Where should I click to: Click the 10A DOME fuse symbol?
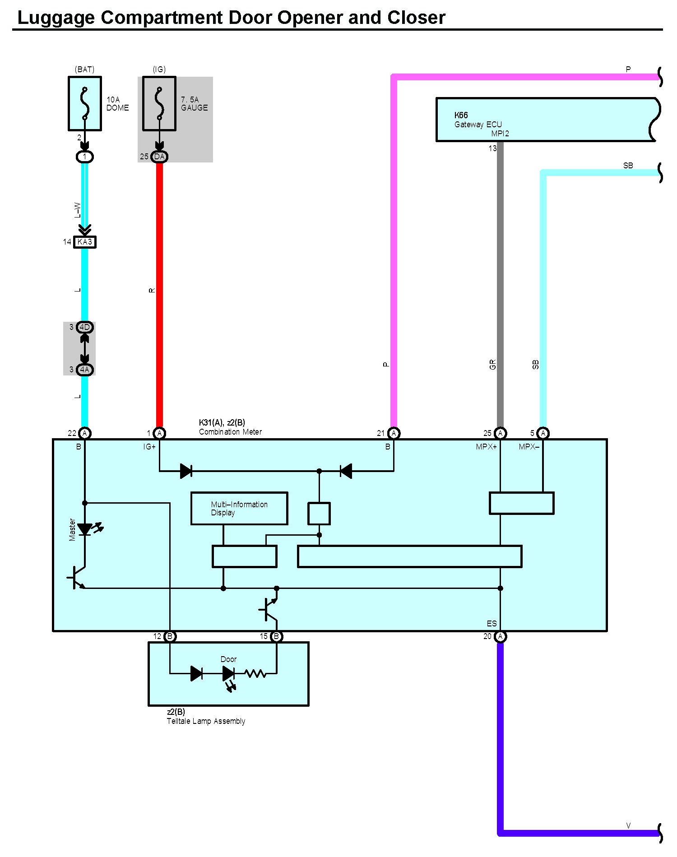85,103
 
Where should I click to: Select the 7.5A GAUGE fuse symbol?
159,103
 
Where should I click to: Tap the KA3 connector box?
85,242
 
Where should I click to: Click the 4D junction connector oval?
85,327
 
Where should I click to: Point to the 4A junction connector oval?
85,370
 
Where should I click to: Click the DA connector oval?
159,157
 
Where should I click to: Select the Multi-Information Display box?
239,508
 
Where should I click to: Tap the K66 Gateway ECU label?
478,120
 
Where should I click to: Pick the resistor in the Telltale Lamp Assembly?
255,674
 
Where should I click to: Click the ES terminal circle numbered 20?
500,636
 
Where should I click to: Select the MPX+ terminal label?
486,447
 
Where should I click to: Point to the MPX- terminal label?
529,447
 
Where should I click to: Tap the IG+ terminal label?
149,447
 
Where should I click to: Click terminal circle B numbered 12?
170,636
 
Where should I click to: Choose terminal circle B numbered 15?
277,636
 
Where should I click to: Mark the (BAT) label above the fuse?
85,69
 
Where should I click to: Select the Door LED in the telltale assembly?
228,674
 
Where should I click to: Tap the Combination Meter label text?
230,432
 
